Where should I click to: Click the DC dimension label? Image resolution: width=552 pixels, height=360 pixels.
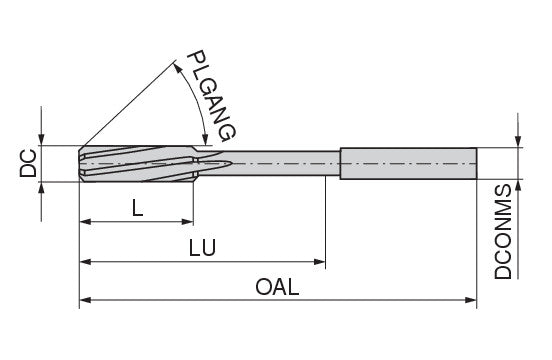(x=28, y=163)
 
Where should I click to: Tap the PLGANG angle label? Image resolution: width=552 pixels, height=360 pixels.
(x=211, y=96)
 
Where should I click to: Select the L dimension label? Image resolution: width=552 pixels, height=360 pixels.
(x=137, y=208)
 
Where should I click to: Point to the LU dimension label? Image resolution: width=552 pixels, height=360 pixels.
(x=202, y=247)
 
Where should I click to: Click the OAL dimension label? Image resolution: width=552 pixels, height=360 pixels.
(x=277, y=287)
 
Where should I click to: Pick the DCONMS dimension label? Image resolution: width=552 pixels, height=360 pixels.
(x=503, y=232)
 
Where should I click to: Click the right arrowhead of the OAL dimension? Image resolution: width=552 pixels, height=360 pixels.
(x=471, y=300)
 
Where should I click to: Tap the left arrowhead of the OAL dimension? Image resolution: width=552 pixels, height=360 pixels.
(x=85, y=300)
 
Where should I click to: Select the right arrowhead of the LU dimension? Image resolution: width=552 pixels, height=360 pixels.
(x=320, y=262)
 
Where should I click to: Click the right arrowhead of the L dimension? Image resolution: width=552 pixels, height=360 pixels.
(x=188, y=222)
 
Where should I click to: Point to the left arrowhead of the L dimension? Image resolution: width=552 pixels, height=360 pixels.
(x=85, y=222)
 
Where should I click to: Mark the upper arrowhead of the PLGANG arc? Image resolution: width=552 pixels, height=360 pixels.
(x=178, y=68)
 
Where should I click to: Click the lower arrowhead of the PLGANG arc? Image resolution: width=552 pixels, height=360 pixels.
(x=204, y=139)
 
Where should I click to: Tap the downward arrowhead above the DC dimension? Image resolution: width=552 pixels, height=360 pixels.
(x=42, y=139)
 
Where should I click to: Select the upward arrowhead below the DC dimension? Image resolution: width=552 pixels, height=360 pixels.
(x=42, y=188)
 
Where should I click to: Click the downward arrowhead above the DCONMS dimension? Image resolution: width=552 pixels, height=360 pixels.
(x=518, y=142)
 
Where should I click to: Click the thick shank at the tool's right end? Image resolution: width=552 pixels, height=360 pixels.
(x=408, y=164)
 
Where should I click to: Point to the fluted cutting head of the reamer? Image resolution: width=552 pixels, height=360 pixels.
(x=137, y=164)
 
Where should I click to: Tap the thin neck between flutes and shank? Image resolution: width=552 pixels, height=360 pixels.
(x=268, y=164)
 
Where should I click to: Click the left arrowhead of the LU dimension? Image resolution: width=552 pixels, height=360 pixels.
(x=85, y=262)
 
